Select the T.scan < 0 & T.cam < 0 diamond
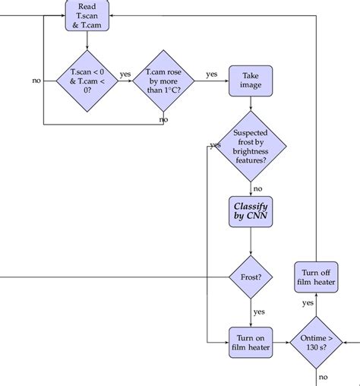87,79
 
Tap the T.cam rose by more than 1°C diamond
163,79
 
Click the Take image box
251,80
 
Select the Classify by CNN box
251,212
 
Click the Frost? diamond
251,277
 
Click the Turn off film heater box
317,278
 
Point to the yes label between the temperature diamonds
125,74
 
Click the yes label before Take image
211,74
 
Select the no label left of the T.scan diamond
36,80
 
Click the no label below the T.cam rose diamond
163,119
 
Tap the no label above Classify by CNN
257,188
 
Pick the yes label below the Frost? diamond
258,312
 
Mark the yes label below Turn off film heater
308,303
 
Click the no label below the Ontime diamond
324,377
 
